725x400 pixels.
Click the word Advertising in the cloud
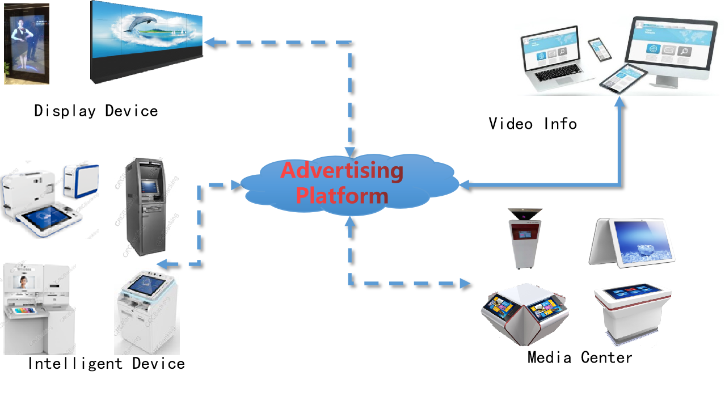point(342,171)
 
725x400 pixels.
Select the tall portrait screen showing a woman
point(27,44)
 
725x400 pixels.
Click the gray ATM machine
point(146,207)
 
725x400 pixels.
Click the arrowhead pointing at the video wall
point(208,41)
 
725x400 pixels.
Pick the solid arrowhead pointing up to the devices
point(619,102)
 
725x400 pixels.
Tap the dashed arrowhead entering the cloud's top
point(350,152)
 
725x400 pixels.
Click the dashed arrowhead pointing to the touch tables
point(465,282)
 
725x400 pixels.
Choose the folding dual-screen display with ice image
point(633,242)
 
